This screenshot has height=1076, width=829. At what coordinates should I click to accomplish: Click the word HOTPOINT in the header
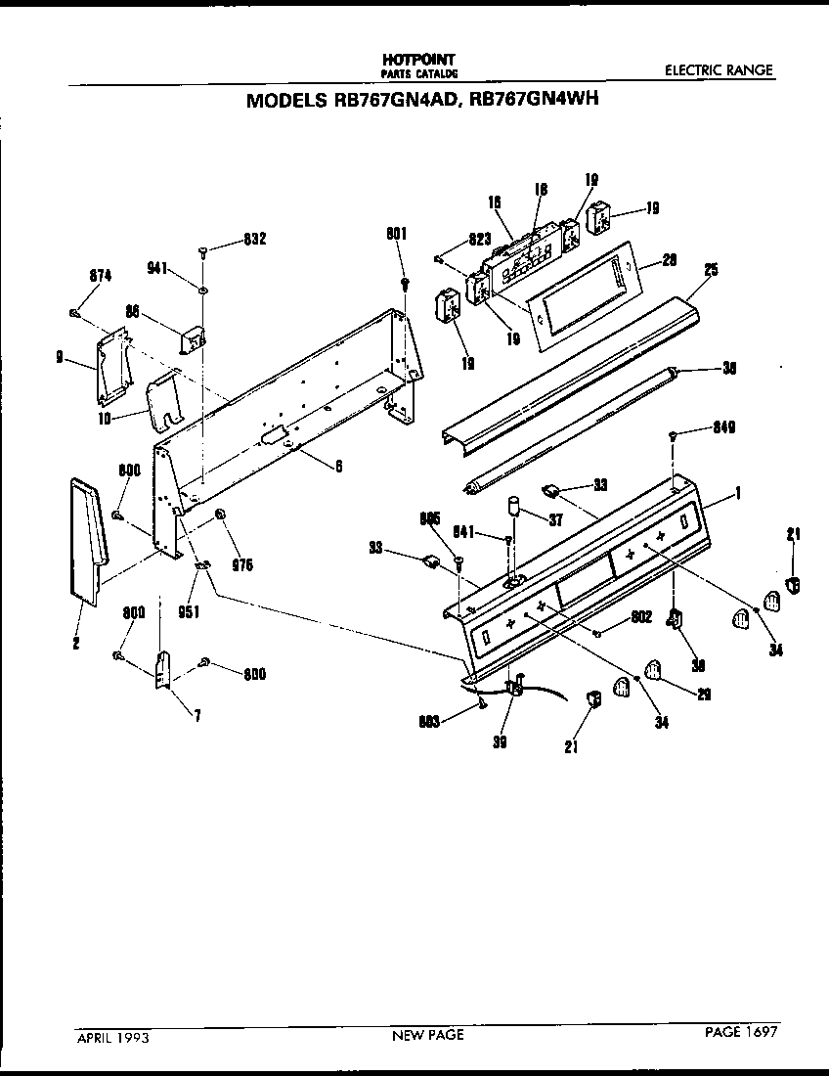(x=418, y=60)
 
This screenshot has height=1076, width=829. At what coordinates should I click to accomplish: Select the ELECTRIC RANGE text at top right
(x=719, y=70)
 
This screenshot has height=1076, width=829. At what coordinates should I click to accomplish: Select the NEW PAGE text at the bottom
(x=427, y=1034)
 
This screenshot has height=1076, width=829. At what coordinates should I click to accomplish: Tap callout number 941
(x=158, y=264)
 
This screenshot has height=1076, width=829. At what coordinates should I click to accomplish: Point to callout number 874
(x=99, y=277)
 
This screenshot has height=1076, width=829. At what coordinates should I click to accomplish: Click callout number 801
(x=396, y=233)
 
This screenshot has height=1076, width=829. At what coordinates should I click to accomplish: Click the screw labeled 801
(x=404, y=284)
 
